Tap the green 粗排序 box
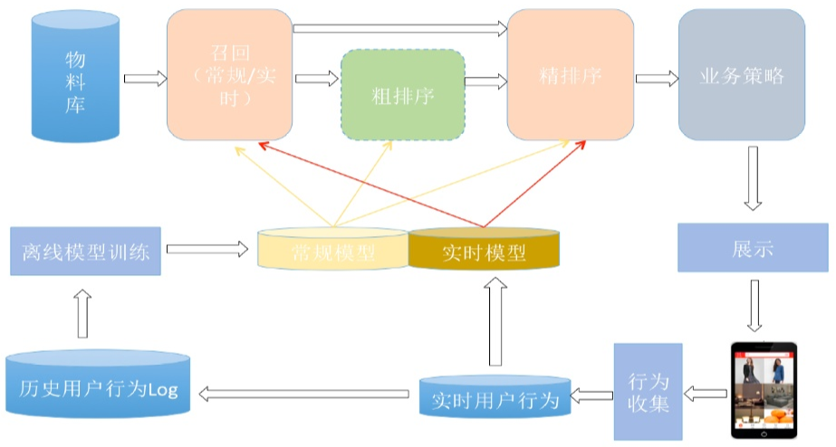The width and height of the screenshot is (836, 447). pos(403,94)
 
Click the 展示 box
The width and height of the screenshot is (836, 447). pos(753,249)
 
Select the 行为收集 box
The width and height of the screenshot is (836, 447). pos(647,391)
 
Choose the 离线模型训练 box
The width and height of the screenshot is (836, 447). pos(84,250)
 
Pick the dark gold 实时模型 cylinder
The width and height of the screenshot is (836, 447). pos(484,250)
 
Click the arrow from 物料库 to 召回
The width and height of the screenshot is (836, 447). pos(145,79)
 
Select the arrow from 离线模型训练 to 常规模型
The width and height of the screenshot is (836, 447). pos(207,248)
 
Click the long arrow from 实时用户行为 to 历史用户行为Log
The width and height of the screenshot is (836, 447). pos(306,393)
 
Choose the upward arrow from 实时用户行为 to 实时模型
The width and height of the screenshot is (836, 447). pos(495,322)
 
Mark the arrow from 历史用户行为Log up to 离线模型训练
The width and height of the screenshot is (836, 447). pos(82,311)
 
